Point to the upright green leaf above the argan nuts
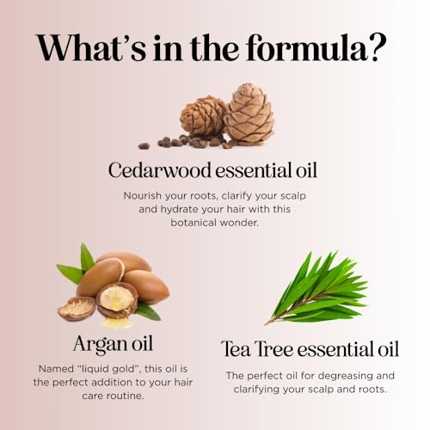(x=87, y=257)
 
